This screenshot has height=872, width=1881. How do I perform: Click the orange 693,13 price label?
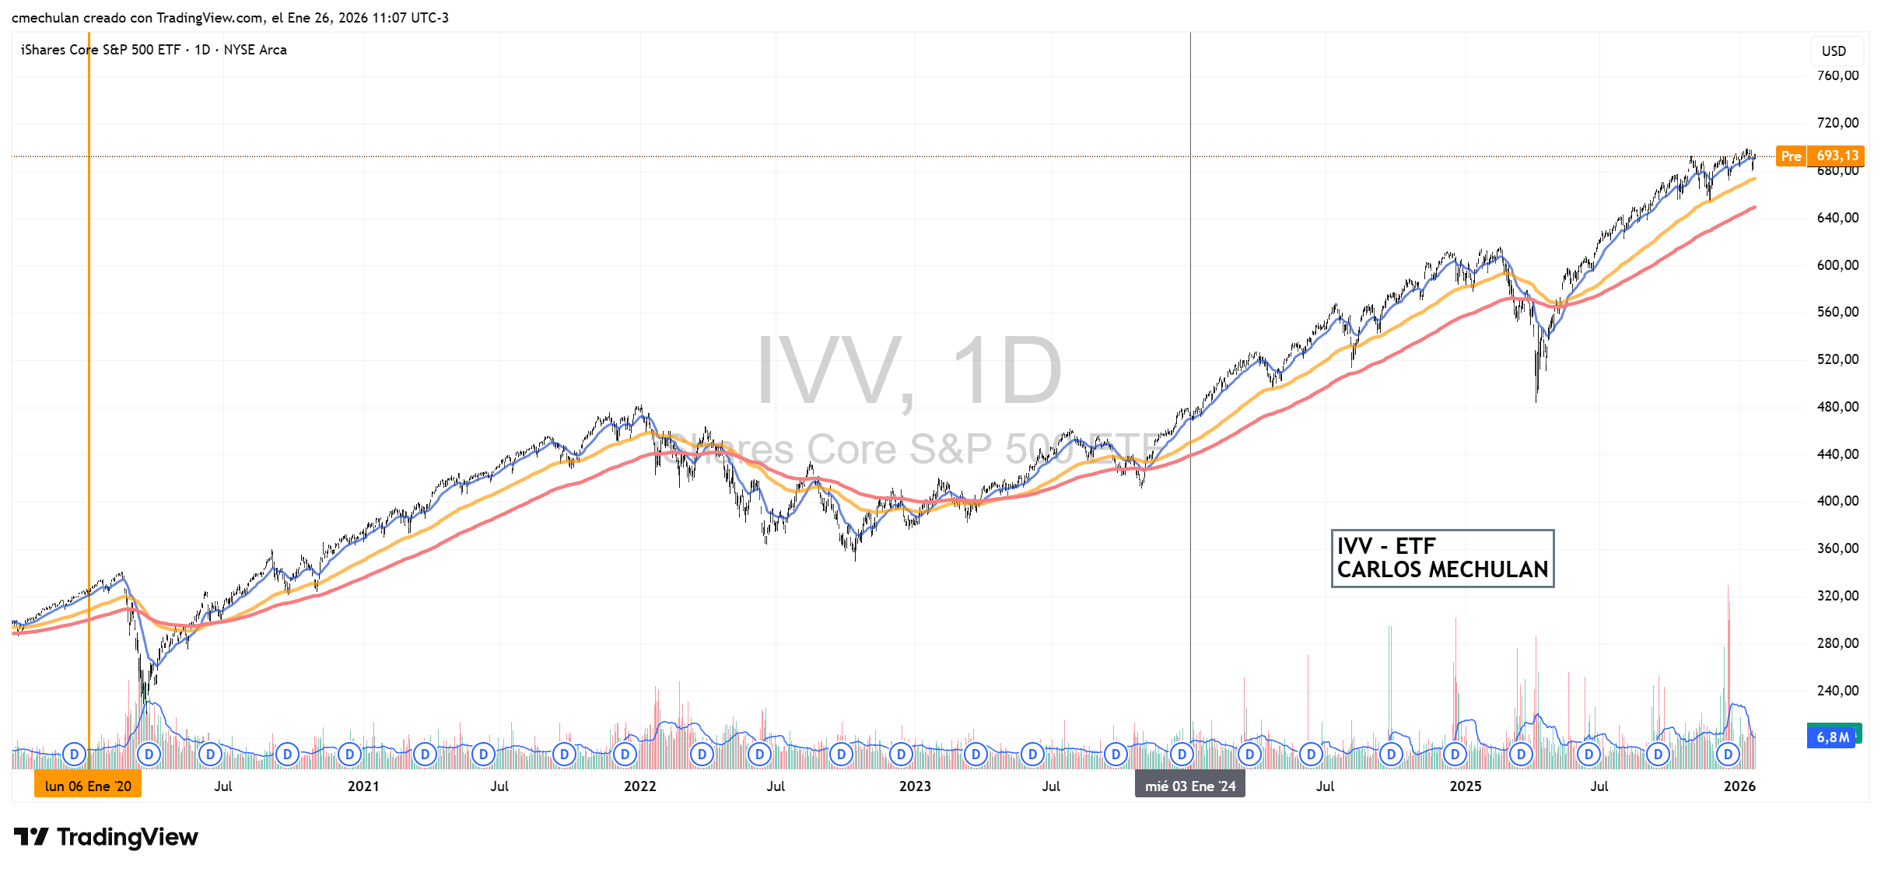[1837, 156]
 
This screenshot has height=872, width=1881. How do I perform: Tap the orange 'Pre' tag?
[1790, 156]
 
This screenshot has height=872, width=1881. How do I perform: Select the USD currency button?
[1834, 51]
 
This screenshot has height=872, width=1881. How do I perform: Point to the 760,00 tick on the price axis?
[1837, 75]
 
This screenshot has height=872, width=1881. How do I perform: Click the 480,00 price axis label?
[1837, 406]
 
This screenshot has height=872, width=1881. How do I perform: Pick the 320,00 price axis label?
[1837, 595]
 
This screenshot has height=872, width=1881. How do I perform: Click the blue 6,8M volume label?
[1832, 737]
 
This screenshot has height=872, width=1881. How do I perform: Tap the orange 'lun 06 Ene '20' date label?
[88, 786]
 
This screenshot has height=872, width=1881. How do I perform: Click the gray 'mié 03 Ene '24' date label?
[1189, 786]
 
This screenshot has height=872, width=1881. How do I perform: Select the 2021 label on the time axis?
[363, 786]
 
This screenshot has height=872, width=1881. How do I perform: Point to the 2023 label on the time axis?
[915, 786]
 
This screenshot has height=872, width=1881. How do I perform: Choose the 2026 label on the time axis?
[1739, 786]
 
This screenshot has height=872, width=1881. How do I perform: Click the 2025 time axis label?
[1466, 786]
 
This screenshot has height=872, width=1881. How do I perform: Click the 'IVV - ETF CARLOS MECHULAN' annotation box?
[1442, 558]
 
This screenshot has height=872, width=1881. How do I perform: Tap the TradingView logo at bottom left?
[106, 837]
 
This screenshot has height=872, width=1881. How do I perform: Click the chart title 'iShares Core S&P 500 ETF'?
[100, 50]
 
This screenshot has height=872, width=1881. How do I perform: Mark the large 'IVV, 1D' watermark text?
[909, 370]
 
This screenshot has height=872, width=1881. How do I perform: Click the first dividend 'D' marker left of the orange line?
[75, 754]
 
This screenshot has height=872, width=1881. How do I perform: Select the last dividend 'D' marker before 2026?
[1728, 754]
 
